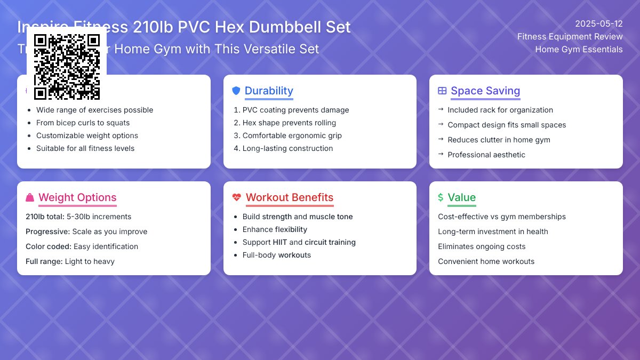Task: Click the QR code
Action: (67, 67)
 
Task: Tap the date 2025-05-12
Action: (599, 23)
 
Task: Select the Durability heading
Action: (269, 91)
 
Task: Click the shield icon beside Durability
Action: (236, 91)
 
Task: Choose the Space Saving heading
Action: (485, 91)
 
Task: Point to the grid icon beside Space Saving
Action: (442, 91)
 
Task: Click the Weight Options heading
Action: (77, 197)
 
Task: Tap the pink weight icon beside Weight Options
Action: (30, 198)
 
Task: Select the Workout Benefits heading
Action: (290, 197)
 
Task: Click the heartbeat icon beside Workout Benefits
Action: (237, 198)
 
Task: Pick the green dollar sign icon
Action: (441, 197)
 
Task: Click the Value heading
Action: (462, 197)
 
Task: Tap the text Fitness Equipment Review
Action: (570, 36)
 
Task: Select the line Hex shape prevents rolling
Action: (289, 123)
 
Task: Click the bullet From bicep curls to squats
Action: (83, 123)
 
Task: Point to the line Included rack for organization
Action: (500, 110)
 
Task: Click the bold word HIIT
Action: (279, 242)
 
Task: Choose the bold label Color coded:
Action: (48, 246)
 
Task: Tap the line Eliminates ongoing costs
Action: (482, 246)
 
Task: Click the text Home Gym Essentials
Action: (579, 49)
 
